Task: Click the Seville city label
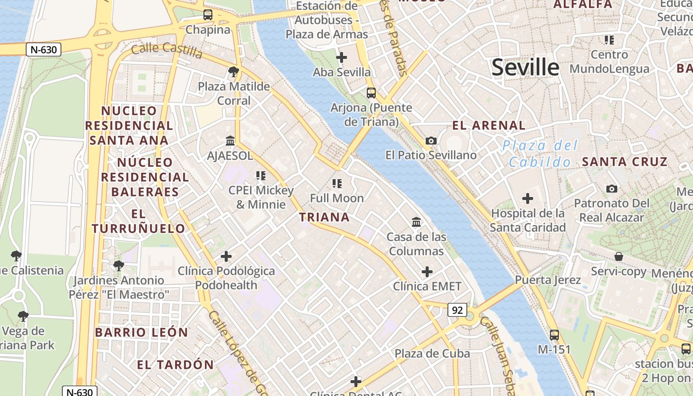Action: click(525, 67)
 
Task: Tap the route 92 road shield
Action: click(457, 310)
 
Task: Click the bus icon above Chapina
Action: click(208, 15)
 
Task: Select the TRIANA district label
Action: click(324, 217)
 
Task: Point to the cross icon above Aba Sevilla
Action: click(341, 57)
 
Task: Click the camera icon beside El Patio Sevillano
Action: click(431, 141)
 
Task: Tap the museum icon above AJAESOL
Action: click(230, 141)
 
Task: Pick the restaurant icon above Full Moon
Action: click(337, 184)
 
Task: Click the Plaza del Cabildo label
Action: click(540, 154)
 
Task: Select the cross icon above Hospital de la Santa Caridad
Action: click(528, 198)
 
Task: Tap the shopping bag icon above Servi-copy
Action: click(619, 256)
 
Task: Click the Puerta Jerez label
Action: click(548, 280)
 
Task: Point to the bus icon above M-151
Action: click(554, 335)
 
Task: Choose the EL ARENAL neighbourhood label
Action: click(489, 125)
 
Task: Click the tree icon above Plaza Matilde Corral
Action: click(234, 72)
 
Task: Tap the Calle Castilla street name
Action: click(167, 49)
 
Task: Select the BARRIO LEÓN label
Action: click(142, 332)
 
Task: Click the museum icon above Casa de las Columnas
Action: click(416, 222)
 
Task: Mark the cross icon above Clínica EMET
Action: click(427, 271)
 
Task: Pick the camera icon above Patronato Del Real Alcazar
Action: click(612, 189)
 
